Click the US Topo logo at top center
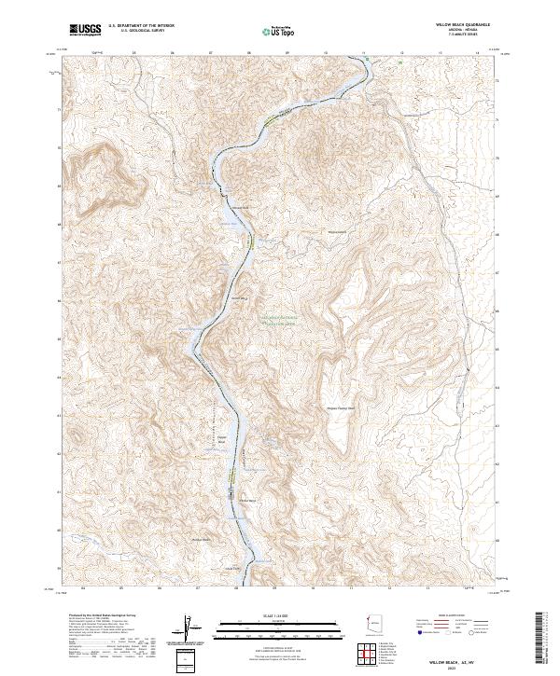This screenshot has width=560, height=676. (x=272, y=30)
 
